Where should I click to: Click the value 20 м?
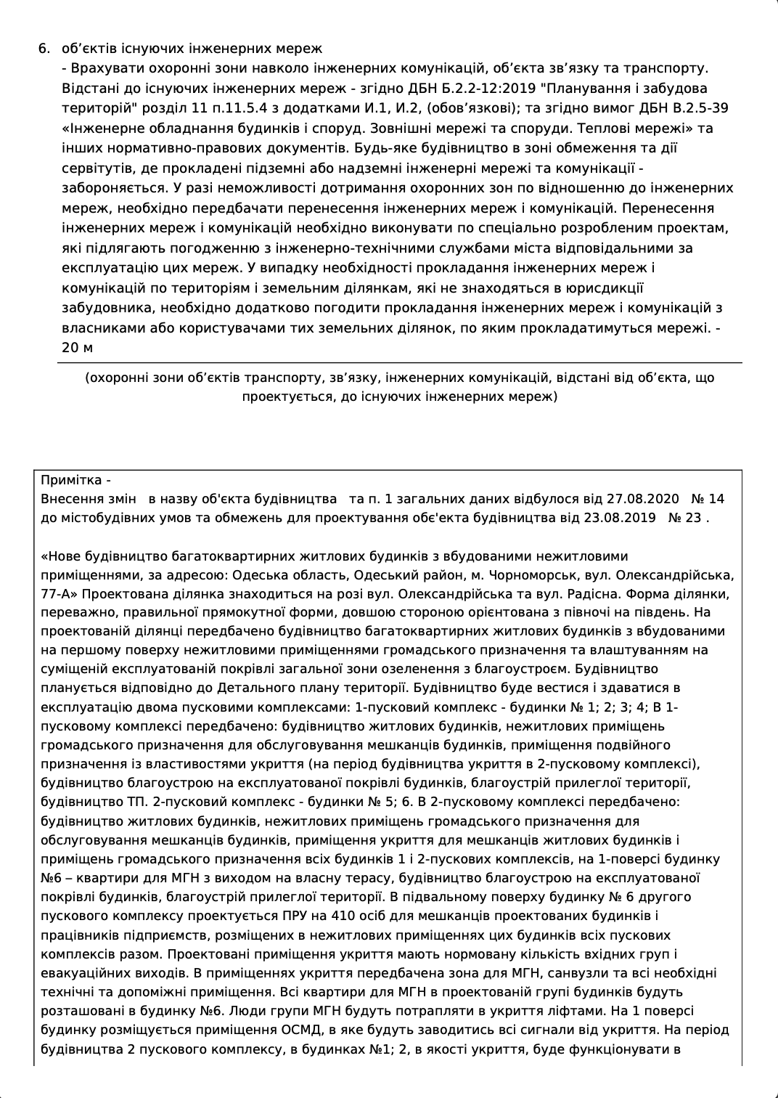coord(78,347)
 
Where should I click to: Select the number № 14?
coord(708,500)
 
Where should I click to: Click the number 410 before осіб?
coord(343,916)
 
